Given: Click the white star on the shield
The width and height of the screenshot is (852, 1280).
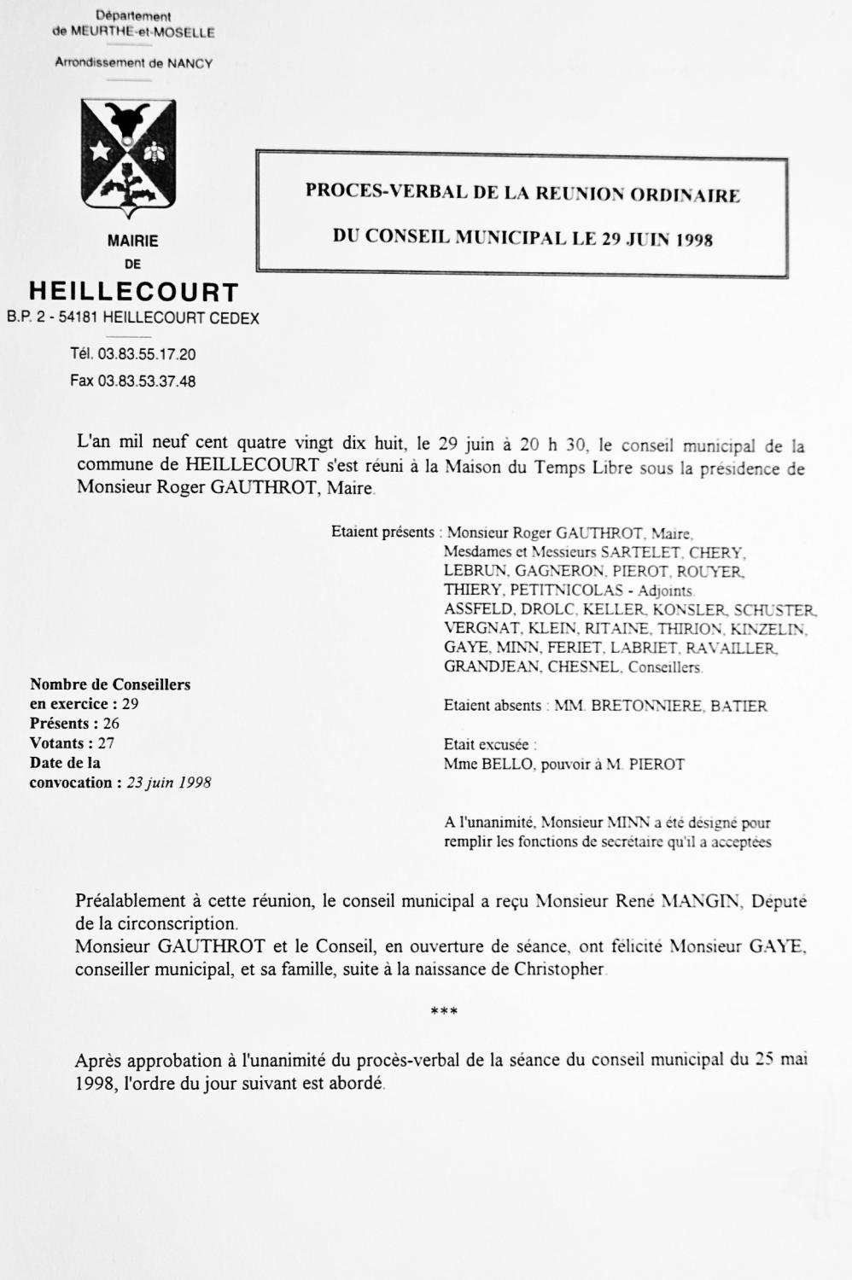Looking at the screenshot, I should [100, 151].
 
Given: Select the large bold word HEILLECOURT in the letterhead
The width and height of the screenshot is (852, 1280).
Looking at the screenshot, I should [134, 292].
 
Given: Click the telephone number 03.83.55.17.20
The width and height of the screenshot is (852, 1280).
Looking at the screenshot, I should [147, 354].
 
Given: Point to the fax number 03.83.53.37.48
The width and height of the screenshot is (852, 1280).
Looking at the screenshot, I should [147, 381].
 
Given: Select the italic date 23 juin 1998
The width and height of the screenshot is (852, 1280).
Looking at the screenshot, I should [169, 783].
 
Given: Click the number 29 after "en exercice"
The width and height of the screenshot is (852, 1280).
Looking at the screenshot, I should [130, 704].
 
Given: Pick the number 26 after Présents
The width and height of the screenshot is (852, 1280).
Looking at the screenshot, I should [111, 724].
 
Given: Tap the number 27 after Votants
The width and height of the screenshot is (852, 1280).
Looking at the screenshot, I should [106, 743].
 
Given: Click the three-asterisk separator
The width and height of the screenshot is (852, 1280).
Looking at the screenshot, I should [444, 1012].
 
